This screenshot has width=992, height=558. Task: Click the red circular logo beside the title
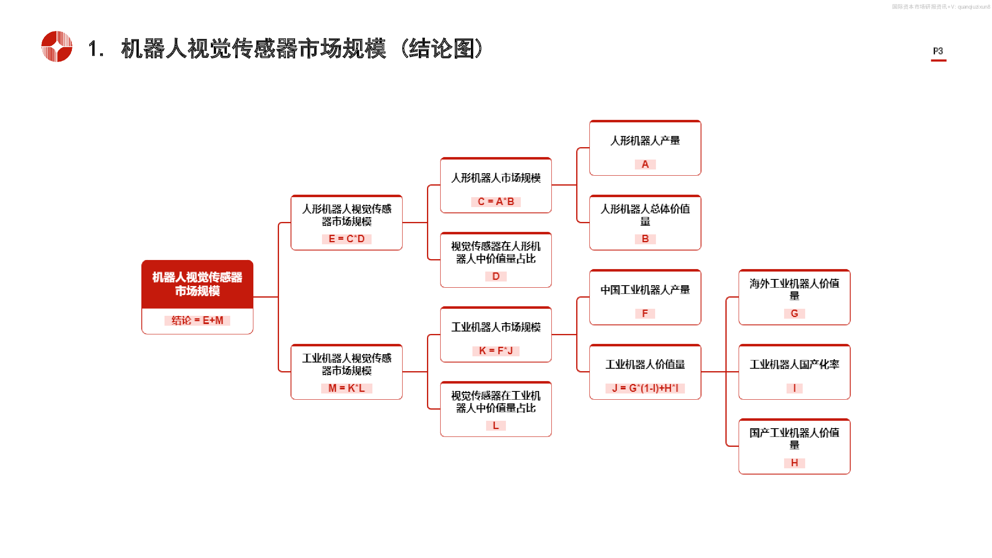(57, 46)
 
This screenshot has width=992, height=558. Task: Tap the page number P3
(938, 51)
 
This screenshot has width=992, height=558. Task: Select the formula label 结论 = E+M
(197, 320)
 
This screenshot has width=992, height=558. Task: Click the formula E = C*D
(346, 239)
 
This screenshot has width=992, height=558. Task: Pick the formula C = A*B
(496, 202)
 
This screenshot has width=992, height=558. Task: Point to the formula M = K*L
(346, 388)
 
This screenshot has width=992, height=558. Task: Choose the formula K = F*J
(496, 351)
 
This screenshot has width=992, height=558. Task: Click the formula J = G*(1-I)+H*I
(645, 388)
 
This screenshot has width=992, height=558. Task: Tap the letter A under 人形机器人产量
(645, 165)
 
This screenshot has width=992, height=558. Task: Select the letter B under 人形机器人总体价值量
(645, 239)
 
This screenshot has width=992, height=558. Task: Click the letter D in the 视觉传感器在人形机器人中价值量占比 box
(496, 276)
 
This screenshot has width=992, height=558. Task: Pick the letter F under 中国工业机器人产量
(645, 314)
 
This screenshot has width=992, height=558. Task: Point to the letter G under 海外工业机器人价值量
(794, 314)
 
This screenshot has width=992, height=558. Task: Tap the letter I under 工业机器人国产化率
(794, 388)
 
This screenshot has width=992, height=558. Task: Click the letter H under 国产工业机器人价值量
(794, 463)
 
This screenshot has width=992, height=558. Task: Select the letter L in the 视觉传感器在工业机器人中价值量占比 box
(496, 426)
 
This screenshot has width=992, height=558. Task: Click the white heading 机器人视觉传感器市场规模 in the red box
(197, 284)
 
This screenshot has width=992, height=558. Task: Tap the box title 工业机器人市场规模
(496, 327)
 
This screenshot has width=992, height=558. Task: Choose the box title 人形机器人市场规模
(496, 178)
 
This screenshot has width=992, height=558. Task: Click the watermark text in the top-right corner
(941, 7)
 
